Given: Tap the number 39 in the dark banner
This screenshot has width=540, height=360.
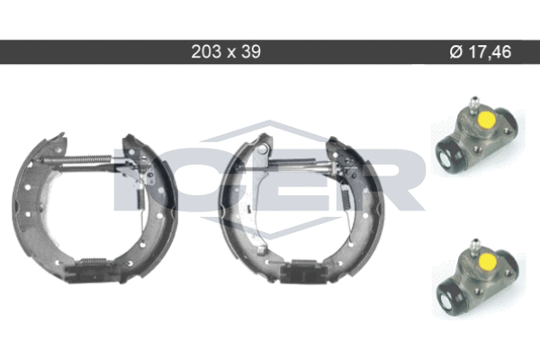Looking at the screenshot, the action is (x=251, y=51).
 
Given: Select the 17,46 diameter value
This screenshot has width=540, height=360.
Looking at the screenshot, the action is (x=490, y=52).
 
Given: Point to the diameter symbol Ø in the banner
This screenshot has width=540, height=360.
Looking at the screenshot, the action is (x=456, y=52).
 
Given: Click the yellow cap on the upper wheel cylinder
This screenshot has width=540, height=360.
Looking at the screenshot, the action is (x=487, y=119).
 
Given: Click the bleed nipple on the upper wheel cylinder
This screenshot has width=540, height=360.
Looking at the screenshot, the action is (x=474, y=104).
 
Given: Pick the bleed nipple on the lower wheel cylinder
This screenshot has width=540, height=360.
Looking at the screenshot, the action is (x=475, y=247).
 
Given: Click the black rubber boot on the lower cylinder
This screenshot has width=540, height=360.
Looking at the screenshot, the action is (x=450, y=293).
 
